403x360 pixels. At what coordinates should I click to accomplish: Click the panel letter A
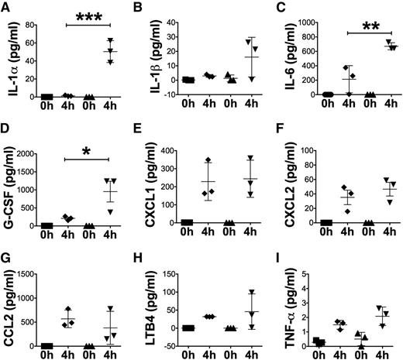click(x=6, y=7)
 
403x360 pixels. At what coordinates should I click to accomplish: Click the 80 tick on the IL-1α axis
click(x=26, y=24)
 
